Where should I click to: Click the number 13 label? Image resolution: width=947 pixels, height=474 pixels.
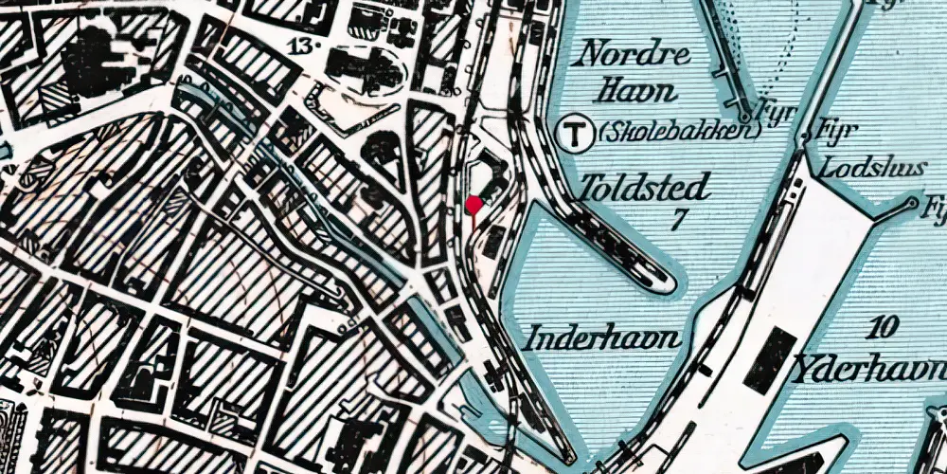(x=304, y=45)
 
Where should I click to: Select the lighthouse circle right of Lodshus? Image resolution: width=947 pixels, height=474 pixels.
(x=913, y=202)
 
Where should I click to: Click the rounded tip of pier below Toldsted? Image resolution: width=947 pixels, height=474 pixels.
(x=668, y=282)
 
